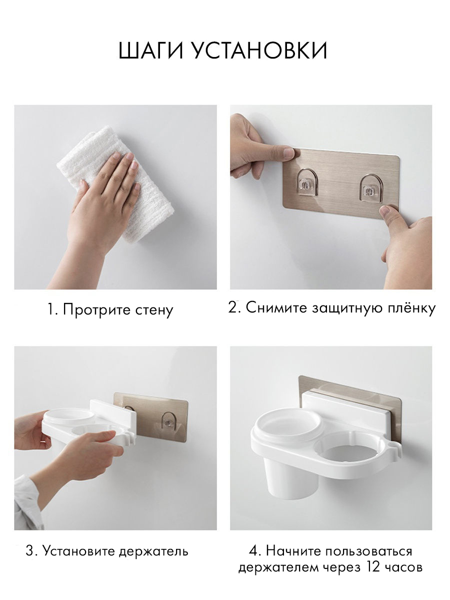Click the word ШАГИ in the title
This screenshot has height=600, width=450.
tap(151, 50)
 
